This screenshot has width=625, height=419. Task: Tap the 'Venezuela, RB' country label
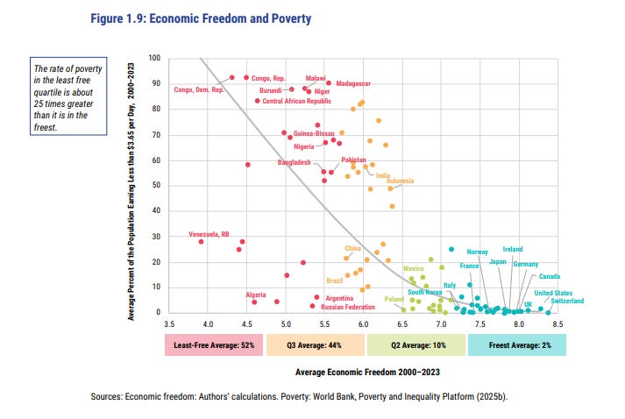(209, 234)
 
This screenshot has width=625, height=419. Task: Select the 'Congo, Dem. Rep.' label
(200, 89)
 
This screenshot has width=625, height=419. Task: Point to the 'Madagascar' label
(353, 84)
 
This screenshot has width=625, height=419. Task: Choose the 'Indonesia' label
(400, 181)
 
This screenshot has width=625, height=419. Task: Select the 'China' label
(352, 249)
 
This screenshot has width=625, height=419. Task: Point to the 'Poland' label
(394, 300)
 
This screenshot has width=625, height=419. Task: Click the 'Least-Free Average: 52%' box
(214, 344)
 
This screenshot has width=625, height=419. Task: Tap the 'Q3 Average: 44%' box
(315, 344)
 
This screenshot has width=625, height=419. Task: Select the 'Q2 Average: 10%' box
(415, 344)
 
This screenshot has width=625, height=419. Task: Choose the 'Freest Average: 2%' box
(516, 344)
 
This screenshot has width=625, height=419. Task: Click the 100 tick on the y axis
(154, 58)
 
